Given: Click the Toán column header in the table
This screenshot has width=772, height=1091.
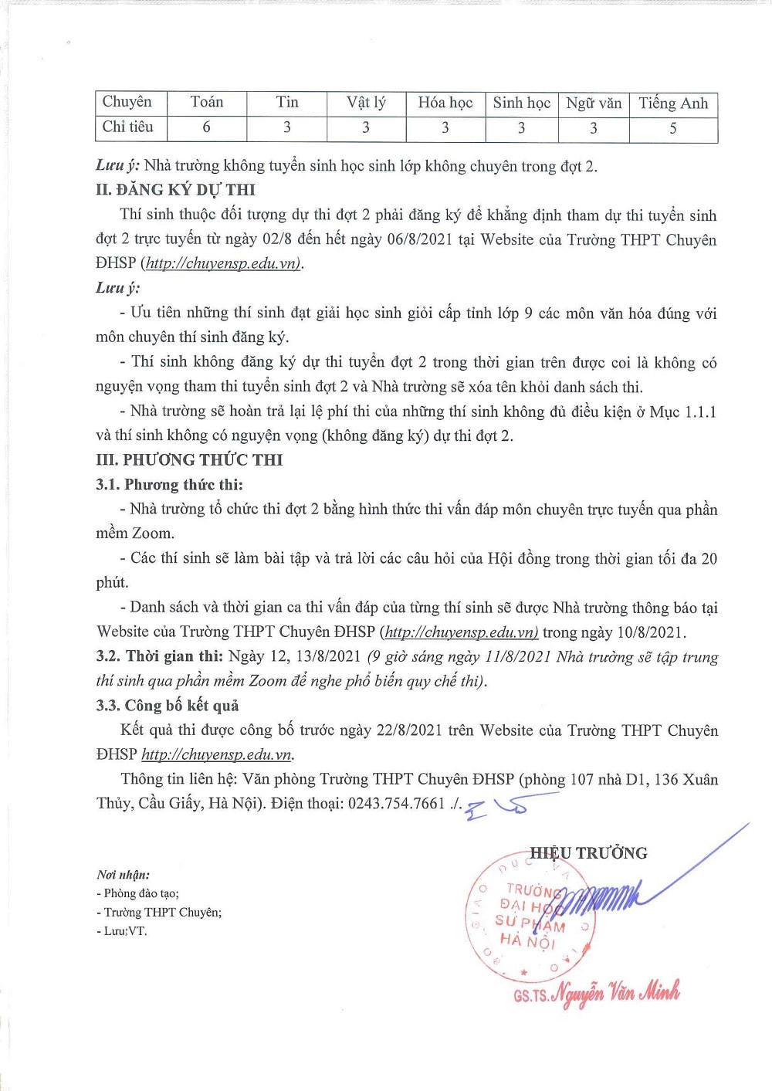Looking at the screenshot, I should (x=206, y=102).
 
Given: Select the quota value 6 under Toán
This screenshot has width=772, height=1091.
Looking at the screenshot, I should (x=206, y=127).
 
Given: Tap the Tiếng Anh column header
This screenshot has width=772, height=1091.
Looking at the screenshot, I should (x=673, y=103).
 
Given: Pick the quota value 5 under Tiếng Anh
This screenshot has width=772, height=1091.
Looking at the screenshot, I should (x=673, y=129).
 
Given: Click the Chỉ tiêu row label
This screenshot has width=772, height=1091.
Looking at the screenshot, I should (x=127, y=127).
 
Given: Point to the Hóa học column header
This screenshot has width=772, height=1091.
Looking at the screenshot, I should (x=445, y=103).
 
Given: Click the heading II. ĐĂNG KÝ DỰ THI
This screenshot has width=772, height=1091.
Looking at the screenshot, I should (x=175, y=189).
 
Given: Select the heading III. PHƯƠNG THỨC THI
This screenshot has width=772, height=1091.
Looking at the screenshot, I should (x=189, y=460).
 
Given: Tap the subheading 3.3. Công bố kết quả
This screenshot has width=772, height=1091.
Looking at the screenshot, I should (x=168, y=706).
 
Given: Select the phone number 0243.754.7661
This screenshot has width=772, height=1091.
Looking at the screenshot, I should (x=396, y=804).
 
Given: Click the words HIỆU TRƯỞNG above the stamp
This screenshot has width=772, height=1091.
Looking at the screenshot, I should (x=588, y=853).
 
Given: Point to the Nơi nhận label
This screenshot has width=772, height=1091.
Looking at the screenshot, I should (x=124, y=875).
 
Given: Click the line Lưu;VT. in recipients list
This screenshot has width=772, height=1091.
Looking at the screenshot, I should (x=122, y=931).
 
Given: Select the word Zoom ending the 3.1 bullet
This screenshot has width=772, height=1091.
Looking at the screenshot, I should (x=153, y=534).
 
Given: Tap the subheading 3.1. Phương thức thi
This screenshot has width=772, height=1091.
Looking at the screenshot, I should (x=169, y=485).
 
